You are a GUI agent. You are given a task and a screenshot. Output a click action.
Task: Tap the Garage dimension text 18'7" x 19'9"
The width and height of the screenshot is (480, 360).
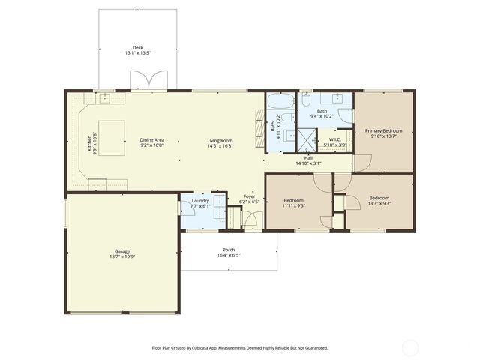(x=122, y=256)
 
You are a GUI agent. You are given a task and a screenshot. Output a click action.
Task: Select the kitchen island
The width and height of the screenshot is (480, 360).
(x=112, y=137)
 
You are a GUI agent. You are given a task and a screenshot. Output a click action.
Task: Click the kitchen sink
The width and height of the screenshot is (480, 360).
(x=103, y=97)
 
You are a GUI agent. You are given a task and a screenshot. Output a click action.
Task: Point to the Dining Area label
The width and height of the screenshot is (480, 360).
(x=151, y=140)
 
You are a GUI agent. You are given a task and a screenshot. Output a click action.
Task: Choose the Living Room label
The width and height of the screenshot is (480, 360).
(x=220, y=140)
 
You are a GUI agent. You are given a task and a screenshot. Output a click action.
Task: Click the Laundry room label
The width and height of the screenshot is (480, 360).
(x=200, y=200)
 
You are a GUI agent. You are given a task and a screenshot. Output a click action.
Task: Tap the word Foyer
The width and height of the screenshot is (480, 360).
(x=248, y=196)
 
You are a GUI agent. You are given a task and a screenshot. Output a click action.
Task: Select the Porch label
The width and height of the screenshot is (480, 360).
(x=229, y=250)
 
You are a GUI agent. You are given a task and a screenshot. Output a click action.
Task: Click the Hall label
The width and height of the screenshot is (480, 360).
(x=308, y=157)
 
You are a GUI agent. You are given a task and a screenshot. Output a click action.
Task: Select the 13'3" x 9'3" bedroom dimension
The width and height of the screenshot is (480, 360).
(x=379, y=203)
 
